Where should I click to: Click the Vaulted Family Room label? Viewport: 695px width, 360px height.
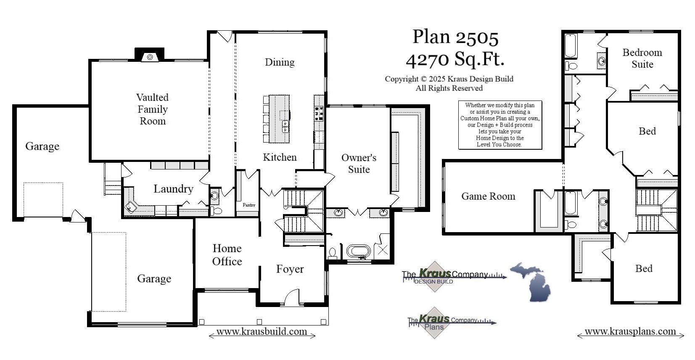tap(152, 109)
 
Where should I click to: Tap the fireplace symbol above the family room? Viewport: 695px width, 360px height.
tap(149, 56)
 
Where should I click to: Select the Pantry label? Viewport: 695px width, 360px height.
tap(249, 205)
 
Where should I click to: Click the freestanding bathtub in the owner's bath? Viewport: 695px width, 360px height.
tap(358, 251)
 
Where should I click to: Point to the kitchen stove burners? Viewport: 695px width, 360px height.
tap(319, 114)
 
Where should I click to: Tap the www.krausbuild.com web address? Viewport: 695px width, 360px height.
tap(262, 332)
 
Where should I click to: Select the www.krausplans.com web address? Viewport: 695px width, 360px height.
tap(630, 332)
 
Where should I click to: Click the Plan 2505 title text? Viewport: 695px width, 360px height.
tap(455, 37)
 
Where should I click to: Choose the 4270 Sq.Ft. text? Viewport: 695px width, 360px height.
tap(455, 59)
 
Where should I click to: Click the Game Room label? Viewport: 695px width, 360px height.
tap(488, 196)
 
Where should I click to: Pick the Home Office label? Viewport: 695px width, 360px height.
tap(227, 255)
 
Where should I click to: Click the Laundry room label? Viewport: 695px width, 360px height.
tap(173, 189)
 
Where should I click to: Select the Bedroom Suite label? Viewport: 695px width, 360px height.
tap(642, 58)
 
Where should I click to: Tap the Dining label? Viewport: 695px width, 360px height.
tap(280, 62)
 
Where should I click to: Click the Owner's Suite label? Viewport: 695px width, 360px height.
tap(359, 164)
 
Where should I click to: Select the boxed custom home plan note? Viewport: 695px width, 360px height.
tap(499, 125)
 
